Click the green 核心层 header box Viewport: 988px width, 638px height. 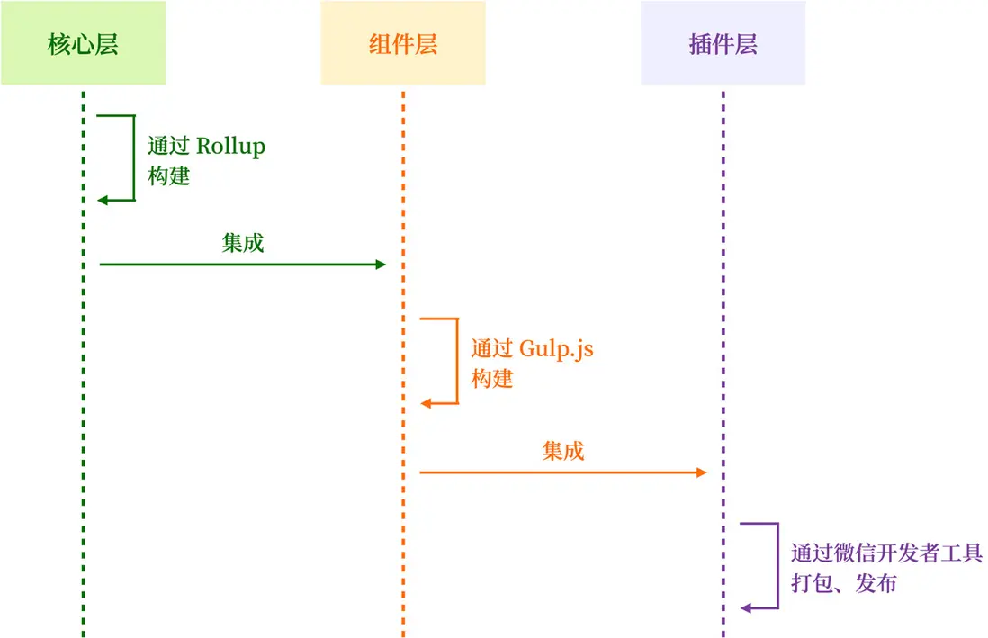(83, 44)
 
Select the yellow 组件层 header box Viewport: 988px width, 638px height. (403, 44)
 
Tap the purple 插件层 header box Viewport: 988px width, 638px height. (723, 44)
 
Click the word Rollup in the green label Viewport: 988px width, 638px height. (230, 146)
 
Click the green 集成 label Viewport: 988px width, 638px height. (243, 242)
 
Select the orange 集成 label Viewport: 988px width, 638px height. (563, 450)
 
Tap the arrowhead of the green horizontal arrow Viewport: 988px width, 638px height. (381, 265)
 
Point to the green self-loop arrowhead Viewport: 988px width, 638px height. (103, 200)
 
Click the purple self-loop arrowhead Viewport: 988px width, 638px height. (746, 608)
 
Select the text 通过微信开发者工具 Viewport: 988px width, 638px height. (886, 553)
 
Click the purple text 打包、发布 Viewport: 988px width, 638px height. (843, 583)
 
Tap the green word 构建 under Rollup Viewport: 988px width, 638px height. (169, 175)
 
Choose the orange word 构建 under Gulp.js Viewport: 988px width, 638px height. (491, 379)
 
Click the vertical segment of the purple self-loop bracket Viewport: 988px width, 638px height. (777, 565)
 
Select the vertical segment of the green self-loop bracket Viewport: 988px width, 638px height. (134, 157)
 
